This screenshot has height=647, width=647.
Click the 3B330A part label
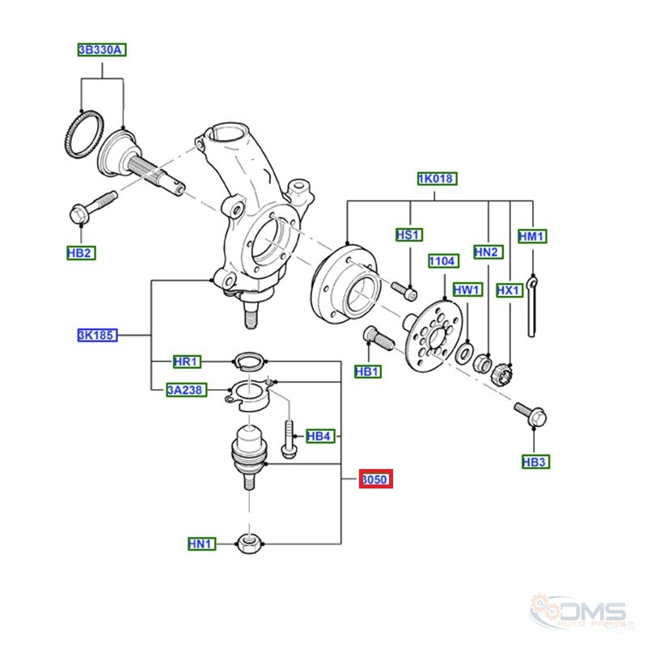tap(102, 50)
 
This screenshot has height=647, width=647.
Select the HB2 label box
tap(82, 253)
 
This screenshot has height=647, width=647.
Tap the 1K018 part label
tap(438, 179)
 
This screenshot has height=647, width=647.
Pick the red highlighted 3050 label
tap(376, 479)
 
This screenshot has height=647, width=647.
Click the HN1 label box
tap(201, 543)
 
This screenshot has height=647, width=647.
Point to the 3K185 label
tap(97, 335)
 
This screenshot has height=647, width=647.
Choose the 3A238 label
tap(187, 390)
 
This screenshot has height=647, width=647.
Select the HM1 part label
tap(532, 236)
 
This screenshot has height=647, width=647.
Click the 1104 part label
tap(443, 261)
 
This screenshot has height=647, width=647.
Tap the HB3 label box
tap(536, 462)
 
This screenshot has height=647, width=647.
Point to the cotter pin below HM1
tap(532, 307)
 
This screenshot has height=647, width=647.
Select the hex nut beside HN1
tap(249, 543)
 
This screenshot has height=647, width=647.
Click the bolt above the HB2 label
tap(93, 208)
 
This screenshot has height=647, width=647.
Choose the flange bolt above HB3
tap(531, 414)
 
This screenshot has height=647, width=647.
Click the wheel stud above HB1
tap(378, 338)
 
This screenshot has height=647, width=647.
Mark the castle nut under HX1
tap(501, 374)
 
